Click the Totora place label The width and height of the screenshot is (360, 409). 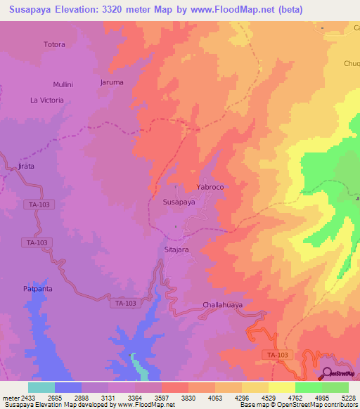tap(54, 44)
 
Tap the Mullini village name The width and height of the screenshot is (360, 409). tap(63, 84)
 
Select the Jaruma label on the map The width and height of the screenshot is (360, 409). tap(112, 82)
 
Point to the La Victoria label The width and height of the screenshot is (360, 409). tap(46, 100)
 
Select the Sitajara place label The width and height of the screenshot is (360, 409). tap(177, 249)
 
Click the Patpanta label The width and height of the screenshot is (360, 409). tap(38, 289)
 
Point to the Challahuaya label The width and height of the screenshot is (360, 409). tap(222, 305)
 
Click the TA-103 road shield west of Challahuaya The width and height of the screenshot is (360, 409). tap(125, 303)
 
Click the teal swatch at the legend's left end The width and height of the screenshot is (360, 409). tap(41, 387)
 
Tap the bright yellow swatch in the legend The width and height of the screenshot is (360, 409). tap(281, 387)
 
